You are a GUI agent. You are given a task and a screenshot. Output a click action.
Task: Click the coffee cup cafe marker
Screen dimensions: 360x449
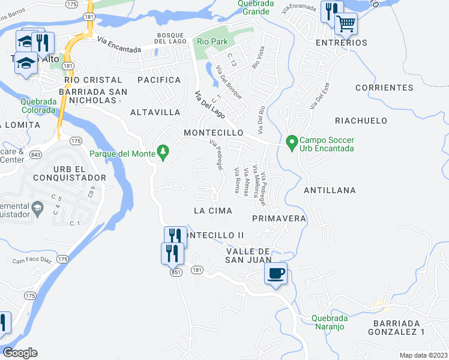(276, 274)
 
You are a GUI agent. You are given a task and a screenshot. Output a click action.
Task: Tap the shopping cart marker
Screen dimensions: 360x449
(346, 24)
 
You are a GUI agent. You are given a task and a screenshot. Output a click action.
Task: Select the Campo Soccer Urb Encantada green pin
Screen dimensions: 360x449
(292, 142)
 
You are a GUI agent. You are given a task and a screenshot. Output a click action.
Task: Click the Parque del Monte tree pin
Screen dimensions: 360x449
(161, 150)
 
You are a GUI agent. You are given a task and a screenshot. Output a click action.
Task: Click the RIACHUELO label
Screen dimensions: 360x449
(361, 121)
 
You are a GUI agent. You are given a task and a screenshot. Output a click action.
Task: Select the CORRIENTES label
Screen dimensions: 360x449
(384, 88)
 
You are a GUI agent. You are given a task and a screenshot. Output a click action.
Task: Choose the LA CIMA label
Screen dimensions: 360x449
(213, 211)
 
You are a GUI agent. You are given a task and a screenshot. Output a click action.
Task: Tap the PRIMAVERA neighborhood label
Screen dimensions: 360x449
(279, 218)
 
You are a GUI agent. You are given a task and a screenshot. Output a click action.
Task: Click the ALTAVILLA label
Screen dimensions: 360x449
(155, 112)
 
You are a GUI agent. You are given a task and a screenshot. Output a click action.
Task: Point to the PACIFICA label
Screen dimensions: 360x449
(159, 80)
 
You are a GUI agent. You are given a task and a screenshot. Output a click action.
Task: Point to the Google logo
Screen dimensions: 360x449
(20, 353)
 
